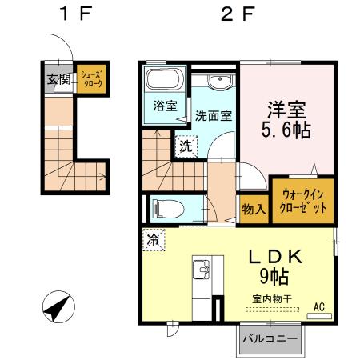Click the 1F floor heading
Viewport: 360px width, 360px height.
(78, 14)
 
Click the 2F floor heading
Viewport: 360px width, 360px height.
(238, 14)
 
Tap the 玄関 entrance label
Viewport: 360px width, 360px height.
(57, 78)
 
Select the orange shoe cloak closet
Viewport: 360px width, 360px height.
(90, 79)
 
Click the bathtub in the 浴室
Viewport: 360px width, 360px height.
(166, 82)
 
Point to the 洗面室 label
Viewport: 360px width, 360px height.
(214, 114)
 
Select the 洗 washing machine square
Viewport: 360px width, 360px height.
(186, 146)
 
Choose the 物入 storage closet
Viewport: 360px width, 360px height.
(254, 209)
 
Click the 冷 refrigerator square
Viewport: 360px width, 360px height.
(153, 239)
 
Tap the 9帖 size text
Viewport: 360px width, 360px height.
(274, 278)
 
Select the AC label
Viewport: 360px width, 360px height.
(318, 306)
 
